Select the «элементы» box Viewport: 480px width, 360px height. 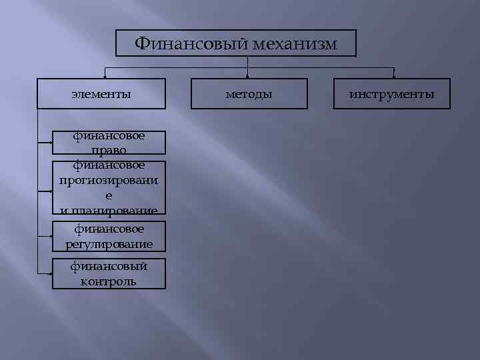(x=101, y=94)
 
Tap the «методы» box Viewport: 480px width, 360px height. (x=249, y=94)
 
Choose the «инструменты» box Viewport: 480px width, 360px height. (x=392, y=94)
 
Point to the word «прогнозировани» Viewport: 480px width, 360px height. (x=109, y=180)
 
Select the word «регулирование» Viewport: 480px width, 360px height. (x=109, y=244)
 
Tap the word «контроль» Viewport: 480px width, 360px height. (x=109, y=281)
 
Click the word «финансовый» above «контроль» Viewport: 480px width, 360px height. (x=109, y=267)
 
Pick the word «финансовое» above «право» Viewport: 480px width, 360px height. (x=109, y=136)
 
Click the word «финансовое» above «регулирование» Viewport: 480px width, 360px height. (x=109, y=229)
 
